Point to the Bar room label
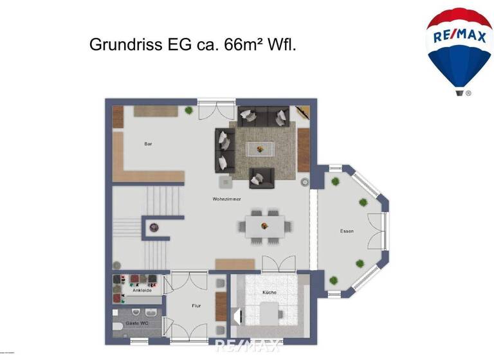148,144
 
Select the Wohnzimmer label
226,199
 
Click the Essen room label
347,231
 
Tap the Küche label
270,293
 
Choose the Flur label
196,305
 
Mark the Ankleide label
142,291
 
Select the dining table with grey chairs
264,226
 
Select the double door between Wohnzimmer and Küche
279,263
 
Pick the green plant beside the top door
188,111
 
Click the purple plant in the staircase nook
154,226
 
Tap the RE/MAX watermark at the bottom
248,346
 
